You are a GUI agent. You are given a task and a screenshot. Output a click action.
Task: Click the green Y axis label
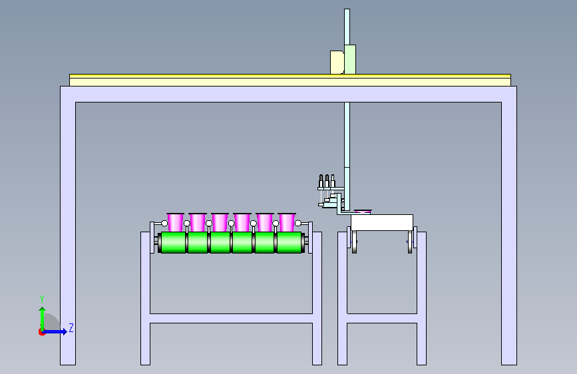click(42, 299)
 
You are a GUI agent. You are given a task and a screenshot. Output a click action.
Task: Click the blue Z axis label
click(71, 327)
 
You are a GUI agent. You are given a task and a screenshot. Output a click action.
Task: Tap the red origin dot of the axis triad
click(41, 332)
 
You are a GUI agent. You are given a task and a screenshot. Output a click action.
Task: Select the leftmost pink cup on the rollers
click(175, 222)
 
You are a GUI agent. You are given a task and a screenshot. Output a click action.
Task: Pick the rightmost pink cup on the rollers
click(287, 222)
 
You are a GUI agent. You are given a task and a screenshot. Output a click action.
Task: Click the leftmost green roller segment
click(173, 243)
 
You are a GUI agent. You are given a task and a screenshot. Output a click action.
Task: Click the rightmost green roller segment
click(289, 243)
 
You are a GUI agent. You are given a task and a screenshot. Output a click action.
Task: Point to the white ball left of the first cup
click(164, 223)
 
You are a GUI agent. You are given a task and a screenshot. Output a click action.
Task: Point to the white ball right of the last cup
click(298, 223)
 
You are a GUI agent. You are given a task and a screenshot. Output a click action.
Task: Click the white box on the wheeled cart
click(382, 223)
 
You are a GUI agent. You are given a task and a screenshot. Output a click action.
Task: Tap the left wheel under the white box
click(354, 242)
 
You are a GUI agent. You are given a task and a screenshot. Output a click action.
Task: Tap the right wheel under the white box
click(411, 242)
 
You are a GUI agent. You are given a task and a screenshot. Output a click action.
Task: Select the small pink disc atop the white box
click(363, 212)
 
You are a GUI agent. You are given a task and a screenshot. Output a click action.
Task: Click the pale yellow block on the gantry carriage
click(337, 63)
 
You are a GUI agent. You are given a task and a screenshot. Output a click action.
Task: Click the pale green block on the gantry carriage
click(350, 60)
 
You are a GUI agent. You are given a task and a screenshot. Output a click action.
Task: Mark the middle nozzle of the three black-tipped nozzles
click(327, 181)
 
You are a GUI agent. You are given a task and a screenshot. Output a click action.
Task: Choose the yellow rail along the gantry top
click(290, 77)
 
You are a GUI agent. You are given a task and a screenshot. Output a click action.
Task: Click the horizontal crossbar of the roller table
click(231, 318)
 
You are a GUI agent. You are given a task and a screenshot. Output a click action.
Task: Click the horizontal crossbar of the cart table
click(382, 318)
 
